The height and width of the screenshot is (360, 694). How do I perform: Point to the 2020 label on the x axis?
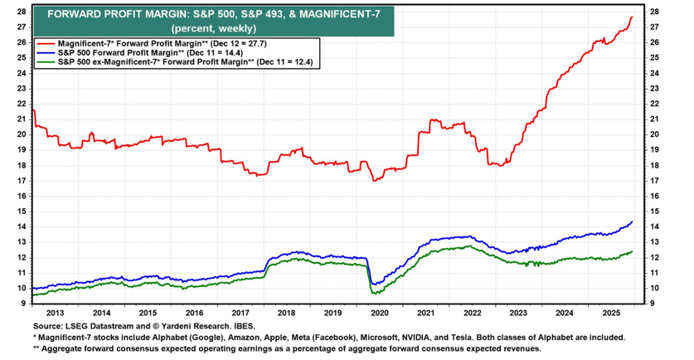pos(379,313)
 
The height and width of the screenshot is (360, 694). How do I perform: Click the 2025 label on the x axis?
pos(611,313)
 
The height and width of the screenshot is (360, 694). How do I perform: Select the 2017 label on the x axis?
pos(240,313)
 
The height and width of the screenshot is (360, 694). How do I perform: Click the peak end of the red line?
pos(633,17)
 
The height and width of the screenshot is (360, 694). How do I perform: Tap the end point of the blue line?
pos(633,221)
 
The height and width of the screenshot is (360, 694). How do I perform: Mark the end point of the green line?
pos(633,251)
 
